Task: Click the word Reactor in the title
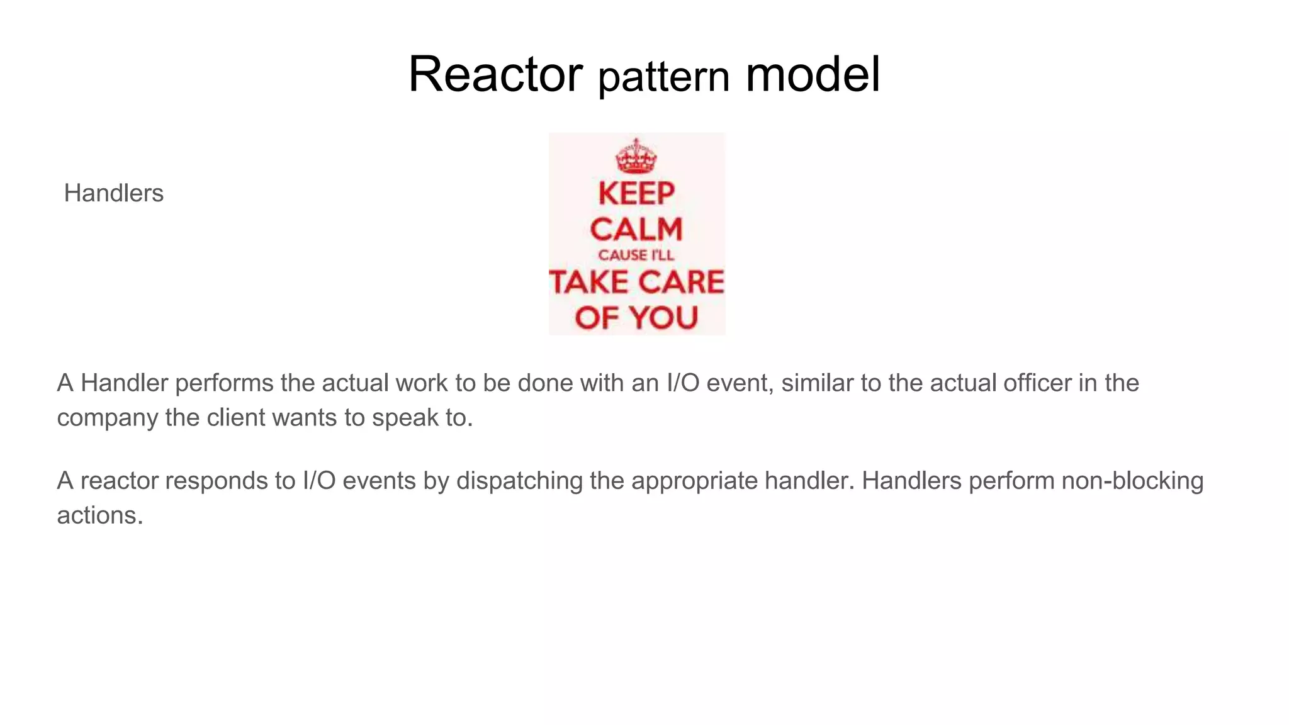pos(495,74)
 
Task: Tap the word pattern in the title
pos(663,77)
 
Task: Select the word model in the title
pos(813,74)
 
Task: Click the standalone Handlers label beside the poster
pos(114,193)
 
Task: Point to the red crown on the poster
pos(636,155)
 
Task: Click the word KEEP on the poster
pos(636,193)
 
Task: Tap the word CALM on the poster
pos(636,229)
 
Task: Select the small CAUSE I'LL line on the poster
pos(636,255)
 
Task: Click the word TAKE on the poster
pos(590,282)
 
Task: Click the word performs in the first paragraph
pos(224,383)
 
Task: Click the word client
pos(236,418)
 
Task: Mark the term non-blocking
pos(1132,481)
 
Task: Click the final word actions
pos(100,515)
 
